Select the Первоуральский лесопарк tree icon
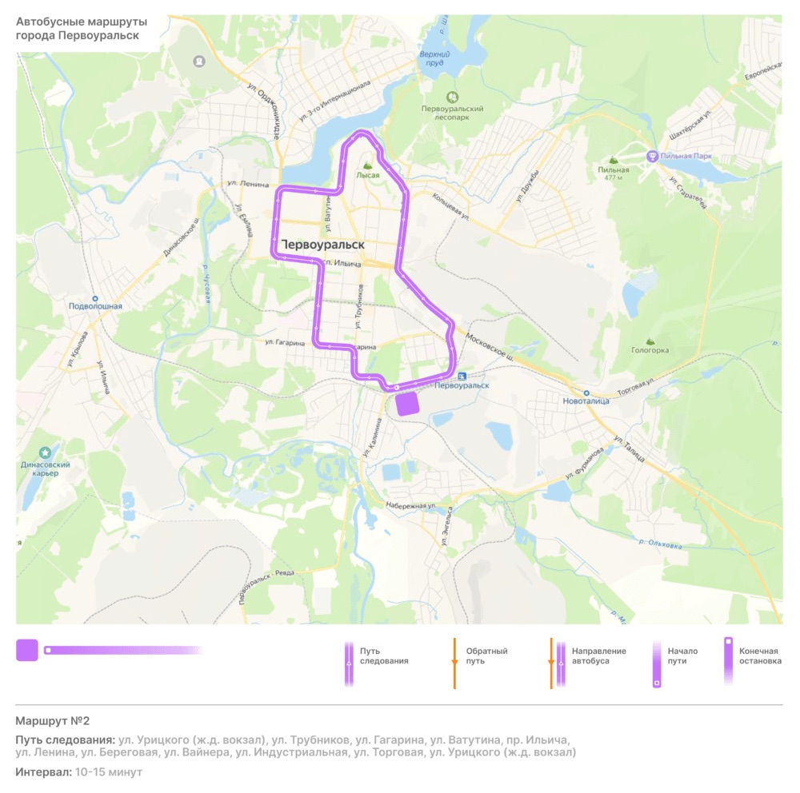(453, 96)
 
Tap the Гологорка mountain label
(650, 350)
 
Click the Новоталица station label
(586, 401)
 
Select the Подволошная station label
(95, 306)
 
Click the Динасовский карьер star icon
(46, 452)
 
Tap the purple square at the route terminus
(408, 404)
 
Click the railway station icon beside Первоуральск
(462, 376)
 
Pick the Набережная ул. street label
(410, 506)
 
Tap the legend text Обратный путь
(487, 656)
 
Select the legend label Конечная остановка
(759, 656)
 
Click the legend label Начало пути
(682, 656)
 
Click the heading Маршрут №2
(47, 721)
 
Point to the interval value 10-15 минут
(108, 772)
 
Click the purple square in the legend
(27, 650)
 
